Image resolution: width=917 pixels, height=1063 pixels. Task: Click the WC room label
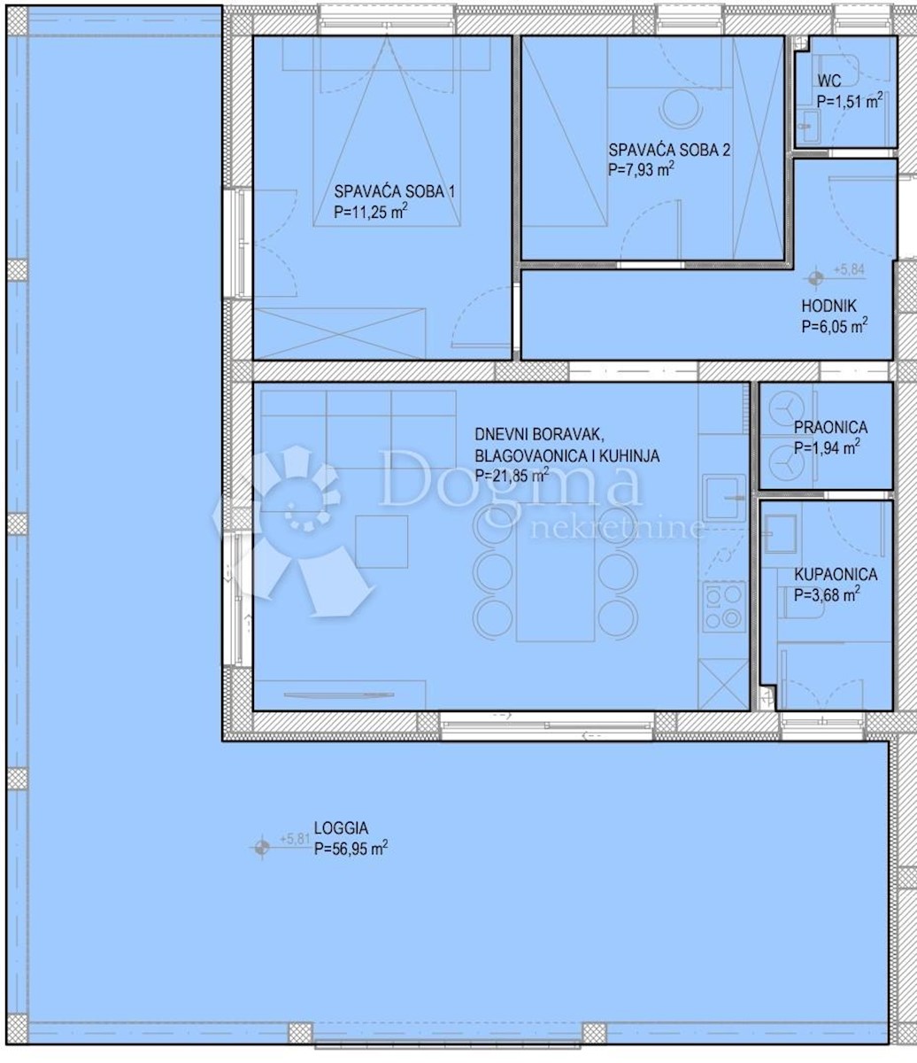pyautogui.click(x=829, y=81)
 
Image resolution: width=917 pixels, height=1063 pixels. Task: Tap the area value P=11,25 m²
pyautogui.click(x=371, y=211)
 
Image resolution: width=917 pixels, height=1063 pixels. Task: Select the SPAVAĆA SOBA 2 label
pyautogui.click(x=669, y=151)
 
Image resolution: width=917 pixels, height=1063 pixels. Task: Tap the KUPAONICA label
pyautogui.click(x=836, y=574)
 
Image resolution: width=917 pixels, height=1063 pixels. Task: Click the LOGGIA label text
pyautogui.click(x=342, y=828)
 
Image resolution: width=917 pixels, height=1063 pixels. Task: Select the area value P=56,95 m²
pyautogui.click(x=351, y=848)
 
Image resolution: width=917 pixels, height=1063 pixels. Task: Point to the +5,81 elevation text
pyautogui.click(x=295, y=839)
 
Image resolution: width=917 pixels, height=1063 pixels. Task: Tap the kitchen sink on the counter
pyautogui.click(x=724, y=497)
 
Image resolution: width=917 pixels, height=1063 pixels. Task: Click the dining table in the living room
pyautogui.click(x=555, y=572)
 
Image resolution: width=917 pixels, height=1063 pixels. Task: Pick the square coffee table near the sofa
pyautogui.click(x=381, y=541)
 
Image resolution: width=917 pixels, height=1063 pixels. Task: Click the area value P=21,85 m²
pyautogui.click(x=512, y=475)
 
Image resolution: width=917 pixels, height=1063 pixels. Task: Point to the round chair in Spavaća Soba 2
pyautogui.click(x=681, y=107)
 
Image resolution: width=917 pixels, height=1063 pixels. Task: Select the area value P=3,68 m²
pyautogui.click(x=827, y=594)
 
